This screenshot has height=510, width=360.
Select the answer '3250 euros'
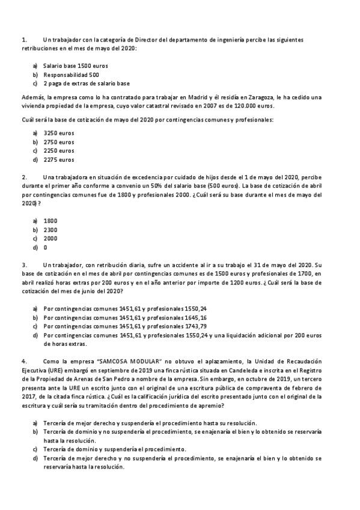(x=59, y=132)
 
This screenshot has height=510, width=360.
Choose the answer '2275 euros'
(x=59, y=160)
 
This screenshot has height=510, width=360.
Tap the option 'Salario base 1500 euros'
(x=76, y=65)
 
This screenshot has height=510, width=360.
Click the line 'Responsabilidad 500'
(x=72, y=75)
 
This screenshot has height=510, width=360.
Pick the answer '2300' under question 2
(x=50, y=230)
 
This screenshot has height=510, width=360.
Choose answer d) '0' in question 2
(x=46, y=248)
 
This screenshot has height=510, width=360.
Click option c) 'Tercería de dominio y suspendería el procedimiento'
(x=114, y=449)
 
